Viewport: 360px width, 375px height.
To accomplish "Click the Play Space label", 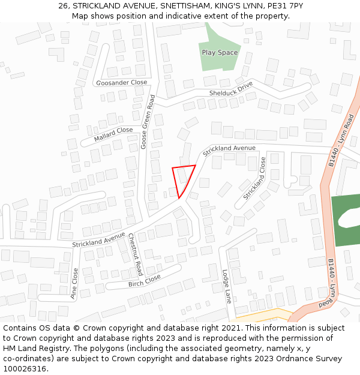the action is (x=220, y=53).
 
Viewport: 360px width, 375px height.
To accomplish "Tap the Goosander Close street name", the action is (x=121, y=83).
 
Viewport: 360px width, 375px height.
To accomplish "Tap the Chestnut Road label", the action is (x=136, y=251).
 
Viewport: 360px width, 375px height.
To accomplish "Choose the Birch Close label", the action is (x=144, y=280).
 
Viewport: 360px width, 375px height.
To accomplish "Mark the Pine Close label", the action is (x=75, y=283).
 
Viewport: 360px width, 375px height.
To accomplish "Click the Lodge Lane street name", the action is (x=227, y=286).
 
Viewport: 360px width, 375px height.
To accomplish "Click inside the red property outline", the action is (x=183, y=178).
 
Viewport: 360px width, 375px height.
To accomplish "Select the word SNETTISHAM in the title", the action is (x=187, y=6).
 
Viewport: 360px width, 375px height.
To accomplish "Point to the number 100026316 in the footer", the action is (x=25, y=368).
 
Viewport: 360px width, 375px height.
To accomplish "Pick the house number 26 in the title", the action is (x=63, y=6).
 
